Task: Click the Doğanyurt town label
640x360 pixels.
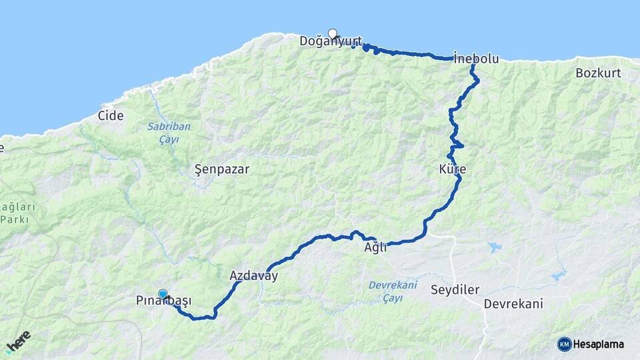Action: pyautogui.click(x=330, y=41)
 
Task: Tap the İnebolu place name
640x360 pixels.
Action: pyautogui.click(x=475, y=59)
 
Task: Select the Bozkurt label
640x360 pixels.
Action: pyautogui.click(x=598, y=73)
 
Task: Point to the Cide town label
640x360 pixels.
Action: pyautogui.click(x=111, y=115)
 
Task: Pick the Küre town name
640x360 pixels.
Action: pyautogui.click(x=452, y=169)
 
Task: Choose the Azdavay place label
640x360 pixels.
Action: pyautogui.click(x=253, y=275)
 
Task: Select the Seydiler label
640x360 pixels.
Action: pyautogui.click(x=456, y=289)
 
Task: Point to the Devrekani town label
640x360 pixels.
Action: pyautogui.click(x=513, y=304)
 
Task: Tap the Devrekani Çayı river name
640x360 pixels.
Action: pyautogui.click(x=393, y=291)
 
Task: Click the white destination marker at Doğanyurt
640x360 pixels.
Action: pyautogui.click(x=333, y=33)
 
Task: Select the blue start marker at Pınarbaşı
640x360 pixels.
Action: pyautogui.click(x=163, y=293)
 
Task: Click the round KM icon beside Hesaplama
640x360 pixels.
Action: pyautogui.click(x=564, y=344)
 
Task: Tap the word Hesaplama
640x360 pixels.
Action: pyautogui.click(x=599, y=344)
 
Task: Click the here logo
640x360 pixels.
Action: pyautogui.click(x=19, y=341)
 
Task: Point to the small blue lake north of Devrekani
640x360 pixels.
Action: pyautogui.click(x=494, y=247)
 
